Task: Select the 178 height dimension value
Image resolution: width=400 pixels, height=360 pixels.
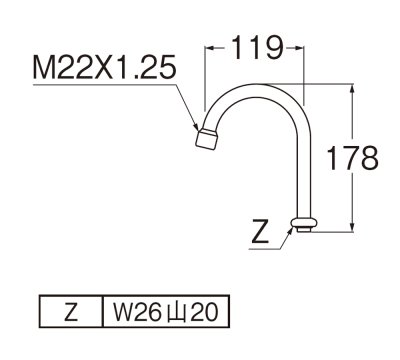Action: (356, 158)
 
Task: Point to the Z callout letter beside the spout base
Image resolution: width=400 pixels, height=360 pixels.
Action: (259, 236)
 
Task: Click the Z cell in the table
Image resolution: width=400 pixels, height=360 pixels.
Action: (70, 312)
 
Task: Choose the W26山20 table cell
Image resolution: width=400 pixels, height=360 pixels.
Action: (164, 312)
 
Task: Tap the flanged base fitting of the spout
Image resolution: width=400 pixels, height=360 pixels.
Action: (303, 223)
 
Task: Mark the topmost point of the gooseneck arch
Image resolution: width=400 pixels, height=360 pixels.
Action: (255, 86)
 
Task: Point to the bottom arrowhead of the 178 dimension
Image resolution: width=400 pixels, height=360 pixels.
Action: (351, 227)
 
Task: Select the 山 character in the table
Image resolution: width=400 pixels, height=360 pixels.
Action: (181, 312)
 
